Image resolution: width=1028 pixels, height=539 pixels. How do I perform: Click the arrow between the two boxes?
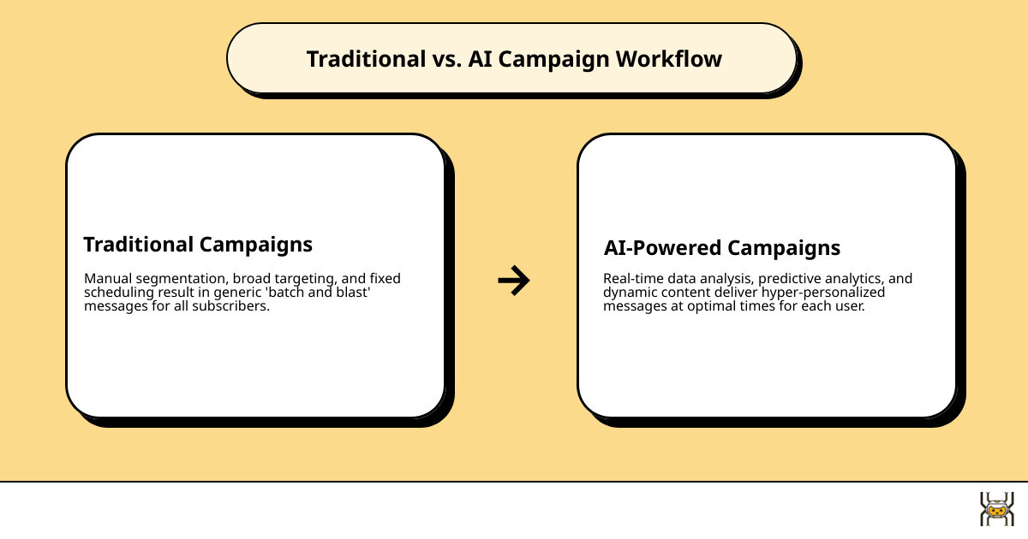(513, 280)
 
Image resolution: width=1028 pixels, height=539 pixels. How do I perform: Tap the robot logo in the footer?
(996, 509)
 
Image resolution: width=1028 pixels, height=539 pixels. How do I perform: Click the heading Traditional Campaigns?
(198, 244)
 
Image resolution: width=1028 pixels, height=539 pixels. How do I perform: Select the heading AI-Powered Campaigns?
(722, 248)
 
